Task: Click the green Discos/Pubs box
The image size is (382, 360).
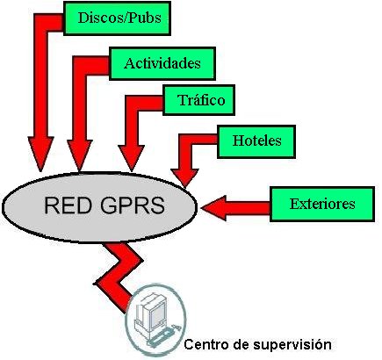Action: tap(117, 18)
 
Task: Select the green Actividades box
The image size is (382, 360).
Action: tap(162, 63)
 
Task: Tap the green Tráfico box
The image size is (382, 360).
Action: tap(199, 100)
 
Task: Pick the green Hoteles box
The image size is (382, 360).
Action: tap(256, 141)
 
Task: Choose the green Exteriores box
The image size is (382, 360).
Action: tap(322, 204)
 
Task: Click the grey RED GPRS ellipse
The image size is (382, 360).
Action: tap(99, 207)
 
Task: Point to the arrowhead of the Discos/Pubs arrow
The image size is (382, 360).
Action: tap(40, 154)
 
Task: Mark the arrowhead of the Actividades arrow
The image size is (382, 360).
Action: tap(80, 155)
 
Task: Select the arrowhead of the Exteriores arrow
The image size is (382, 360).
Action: tap(214, 208)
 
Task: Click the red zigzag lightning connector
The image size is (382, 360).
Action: tap(119, 275)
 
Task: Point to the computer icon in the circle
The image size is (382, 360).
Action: tap(155, 320)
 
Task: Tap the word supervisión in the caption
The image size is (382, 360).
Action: tap(292, 345)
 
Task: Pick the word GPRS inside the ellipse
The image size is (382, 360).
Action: tap(133, 205)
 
